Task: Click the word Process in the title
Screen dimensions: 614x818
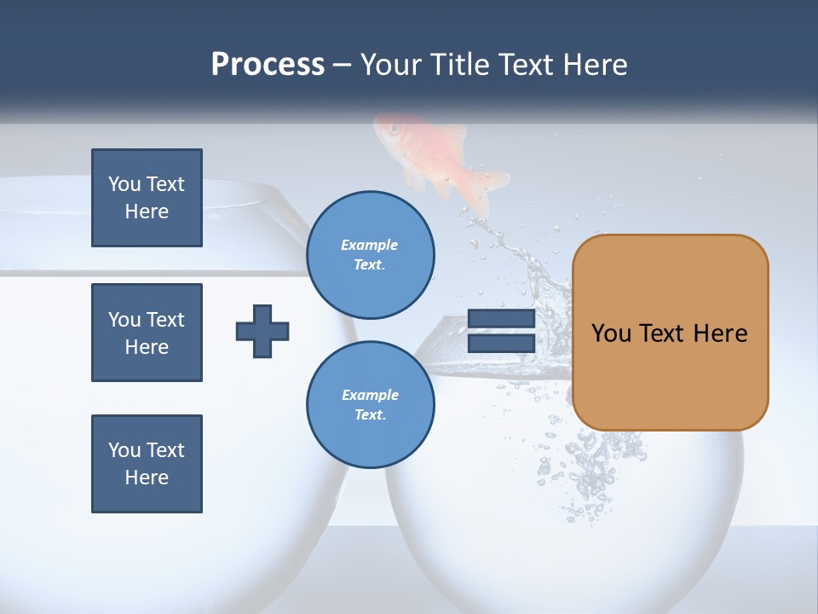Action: pos(268,65)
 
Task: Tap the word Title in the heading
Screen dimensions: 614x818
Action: pos(461,65)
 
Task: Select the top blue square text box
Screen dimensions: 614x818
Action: pos(147,198)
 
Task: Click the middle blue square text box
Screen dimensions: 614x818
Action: pos(147,333)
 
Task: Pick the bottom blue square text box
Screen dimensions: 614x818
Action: pos(147,464)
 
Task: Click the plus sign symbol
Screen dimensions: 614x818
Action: pos(262,331)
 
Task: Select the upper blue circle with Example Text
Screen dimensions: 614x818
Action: pos(370,254)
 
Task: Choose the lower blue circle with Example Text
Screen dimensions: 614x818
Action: pos(370,404)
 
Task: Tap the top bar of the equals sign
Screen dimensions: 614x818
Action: pos(501,320)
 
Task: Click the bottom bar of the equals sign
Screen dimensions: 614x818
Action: pos(501,343)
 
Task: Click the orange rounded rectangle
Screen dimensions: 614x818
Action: pos(670,333)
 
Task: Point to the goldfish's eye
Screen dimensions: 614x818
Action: pos(394,129)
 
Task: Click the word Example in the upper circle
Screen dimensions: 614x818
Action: pos(370,245)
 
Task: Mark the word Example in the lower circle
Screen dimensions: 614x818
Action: pos(370,395)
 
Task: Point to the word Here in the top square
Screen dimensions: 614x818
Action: pos(147,211)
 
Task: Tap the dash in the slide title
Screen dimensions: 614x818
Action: pos(343,65)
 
